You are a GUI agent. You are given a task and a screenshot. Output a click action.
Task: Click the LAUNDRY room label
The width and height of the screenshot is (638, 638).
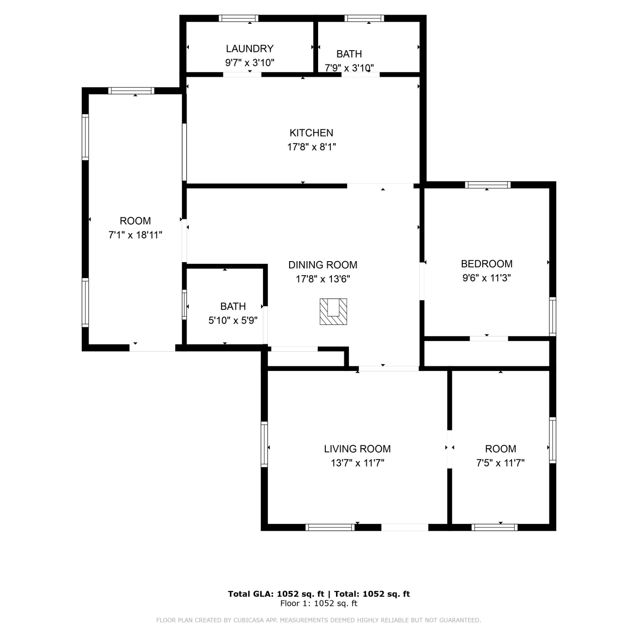click(250, 48)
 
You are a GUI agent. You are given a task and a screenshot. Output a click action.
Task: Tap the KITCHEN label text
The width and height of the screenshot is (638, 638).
click(311, 133)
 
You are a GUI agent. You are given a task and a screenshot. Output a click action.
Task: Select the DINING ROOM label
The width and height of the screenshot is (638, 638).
click(323, 265)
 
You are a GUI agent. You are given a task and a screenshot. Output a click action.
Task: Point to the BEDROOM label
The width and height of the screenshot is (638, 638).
click(487, 264)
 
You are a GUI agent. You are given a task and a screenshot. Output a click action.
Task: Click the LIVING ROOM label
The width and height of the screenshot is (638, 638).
click(357, 449)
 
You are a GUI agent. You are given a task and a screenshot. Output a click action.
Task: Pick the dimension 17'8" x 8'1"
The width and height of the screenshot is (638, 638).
click(312, 147)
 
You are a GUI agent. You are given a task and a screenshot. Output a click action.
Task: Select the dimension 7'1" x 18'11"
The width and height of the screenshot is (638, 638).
click(135, 235)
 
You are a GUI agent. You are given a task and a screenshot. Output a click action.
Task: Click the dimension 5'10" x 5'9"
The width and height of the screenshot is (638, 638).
click(233, 320)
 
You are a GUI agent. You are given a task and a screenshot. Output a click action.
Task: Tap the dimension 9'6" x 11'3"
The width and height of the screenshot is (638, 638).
click(487, 278)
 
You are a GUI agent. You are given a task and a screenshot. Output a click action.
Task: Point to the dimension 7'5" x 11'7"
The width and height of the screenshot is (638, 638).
click(501, 463)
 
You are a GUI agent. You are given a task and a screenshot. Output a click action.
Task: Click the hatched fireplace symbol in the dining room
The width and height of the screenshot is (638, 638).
click(333, 312)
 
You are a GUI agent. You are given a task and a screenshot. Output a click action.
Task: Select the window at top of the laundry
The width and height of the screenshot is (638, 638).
click(239, 18)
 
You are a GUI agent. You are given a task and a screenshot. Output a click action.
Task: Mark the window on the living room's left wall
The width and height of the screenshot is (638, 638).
click(264, 444)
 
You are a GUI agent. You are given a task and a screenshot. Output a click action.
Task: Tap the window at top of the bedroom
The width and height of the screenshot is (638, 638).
click(487, 185)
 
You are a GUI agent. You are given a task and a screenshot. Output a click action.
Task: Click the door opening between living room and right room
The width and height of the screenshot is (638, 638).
click(449, 450)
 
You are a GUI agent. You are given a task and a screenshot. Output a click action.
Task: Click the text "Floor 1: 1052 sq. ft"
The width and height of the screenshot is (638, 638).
click(319, 604)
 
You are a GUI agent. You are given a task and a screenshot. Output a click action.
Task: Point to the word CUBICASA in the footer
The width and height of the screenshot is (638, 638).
click(250, 620)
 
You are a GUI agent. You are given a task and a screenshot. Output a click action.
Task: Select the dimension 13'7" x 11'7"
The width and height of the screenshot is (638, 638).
click(357, 463)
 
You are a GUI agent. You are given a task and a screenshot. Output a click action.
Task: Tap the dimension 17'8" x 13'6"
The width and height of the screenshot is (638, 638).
click(323, 279)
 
